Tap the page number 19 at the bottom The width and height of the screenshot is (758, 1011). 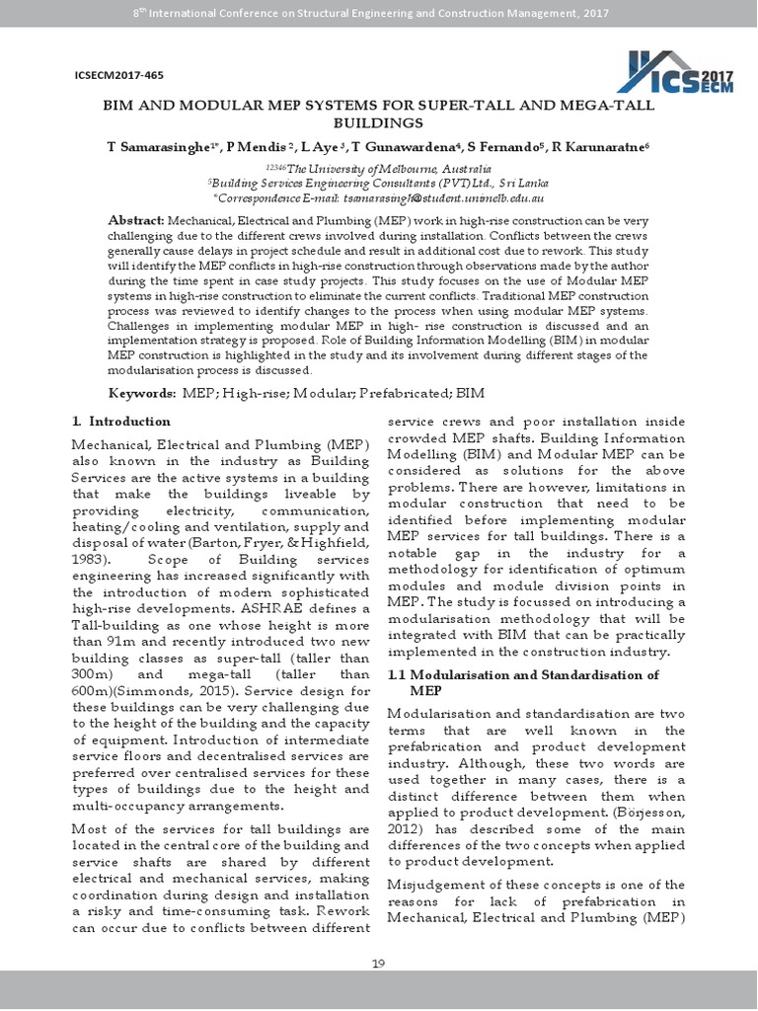click(x=378, y=965)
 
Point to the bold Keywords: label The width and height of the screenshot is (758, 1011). click(x=142, y=393)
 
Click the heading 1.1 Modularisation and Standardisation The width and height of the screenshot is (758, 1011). click(x=523, y=675)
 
